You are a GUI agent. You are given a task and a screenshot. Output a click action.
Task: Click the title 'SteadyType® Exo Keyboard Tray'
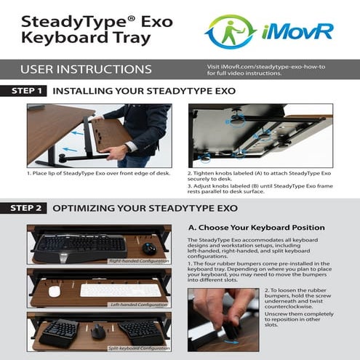pyautogui.click(x=87, y=29)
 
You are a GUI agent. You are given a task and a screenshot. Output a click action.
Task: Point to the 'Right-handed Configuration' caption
pyautogui.click(x=138, y=260)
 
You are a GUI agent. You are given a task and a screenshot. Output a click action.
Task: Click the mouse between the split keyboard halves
pyautogui.click(x=99, y=332)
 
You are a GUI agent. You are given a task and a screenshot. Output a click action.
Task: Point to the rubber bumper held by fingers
pyautogui.click(x=232, y=332)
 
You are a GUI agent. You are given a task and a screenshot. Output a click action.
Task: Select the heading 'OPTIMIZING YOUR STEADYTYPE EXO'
pyautogui.click(x=145, y=207)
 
